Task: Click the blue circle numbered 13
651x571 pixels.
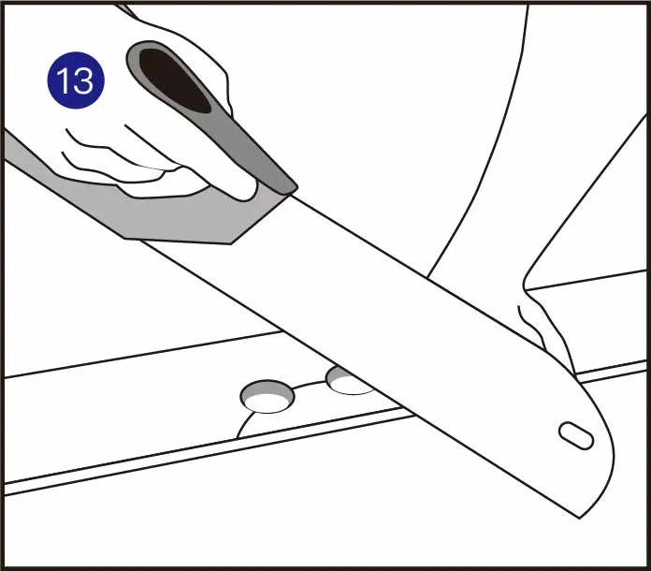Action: pyautogui.click(x=76, y=81)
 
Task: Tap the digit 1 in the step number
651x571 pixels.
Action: pyautogui.click(x=64, y=81)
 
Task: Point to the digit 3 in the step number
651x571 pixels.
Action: pyautogui.click(x=83, y=81)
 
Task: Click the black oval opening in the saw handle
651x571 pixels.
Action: pyautogui.click(x=175, y=81)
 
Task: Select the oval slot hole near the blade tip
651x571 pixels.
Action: pyautogui.click(x=576, y=435)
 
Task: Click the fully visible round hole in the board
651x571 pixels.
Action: pyautogui.click(x=268, y=396)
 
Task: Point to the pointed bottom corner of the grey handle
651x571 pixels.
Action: pyautogui.click(x=231, y=243)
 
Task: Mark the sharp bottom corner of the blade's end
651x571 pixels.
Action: pyautogui.click(x=579, y=519)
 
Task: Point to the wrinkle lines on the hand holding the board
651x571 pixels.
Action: pyautogui.click(x=530, y=326)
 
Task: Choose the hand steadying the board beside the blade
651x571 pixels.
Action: pyautogui.click(x=548, y=324)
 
